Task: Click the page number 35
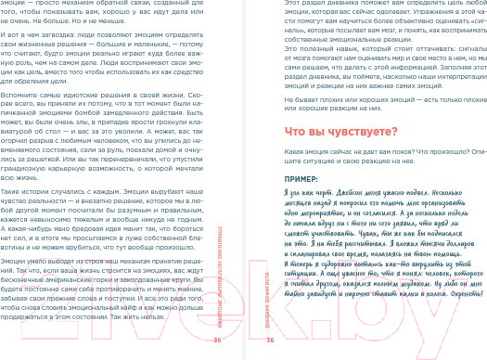point(219,340)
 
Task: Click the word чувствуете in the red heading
point(340,133)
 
